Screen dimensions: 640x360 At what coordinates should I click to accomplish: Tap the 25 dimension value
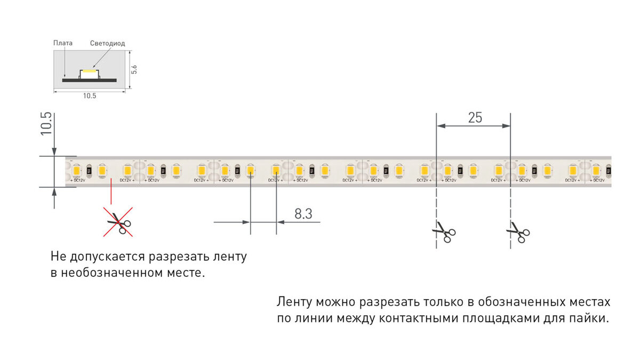(475, 117)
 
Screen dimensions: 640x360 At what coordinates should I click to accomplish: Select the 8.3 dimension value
(303, 214)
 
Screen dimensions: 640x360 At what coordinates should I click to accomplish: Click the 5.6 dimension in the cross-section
(134, 69)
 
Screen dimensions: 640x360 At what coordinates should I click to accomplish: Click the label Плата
(63, 43)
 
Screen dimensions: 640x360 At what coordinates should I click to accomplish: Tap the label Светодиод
(107, 43)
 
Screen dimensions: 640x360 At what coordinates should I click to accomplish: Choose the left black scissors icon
(444, 232)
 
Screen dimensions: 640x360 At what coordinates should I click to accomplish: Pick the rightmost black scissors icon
(518, 232)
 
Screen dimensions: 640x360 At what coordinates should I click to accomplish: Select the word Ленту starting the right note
(294, 302)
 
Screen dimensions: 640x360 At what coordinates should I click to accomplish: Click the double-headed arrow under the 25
(474, 126)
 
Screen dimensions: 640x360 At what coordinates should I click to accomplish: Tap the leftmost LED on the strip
(77, 171)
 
